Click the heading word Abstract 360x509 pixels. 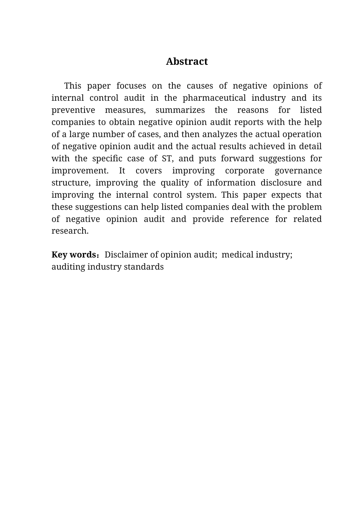click(187, 61)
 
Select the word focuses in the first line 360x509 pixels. click(131, 86)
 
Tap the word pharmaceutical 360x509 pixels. click(215, 98)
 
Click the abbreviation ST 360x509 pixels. click(167, 159)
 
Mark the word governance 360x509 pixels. click(298, 171)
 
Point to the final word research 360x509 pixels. click(70, 231)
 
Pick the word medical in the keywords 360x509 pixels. click(237, 255)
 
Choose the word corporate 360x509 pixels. click(244, 171)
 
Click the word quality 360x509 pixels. click(175, 183)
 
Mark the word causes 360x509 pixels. click(199, 86)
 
